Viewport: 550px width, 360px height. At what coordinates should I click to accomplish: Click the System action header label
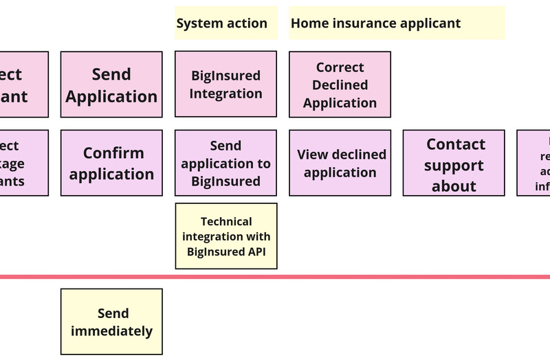(x=222, y=23)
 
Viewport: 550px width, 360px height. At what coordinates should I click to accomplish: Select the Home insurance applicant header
(x=375, y=23)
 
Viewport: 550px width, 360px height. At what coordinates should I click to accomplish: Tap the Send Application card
(x=111, y=85)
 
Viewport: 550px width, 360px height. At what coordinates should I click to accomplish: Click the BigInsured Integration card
(x=225, y=84)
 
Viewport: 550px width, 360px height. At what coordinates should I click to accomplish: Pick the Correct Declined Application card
(x=340, y=85)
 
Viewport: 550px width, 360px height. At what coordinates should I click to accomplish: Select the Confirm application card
(x=111, y=163)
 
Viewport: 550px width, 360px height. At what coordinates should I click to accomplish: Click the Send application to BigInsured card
(x=225, y=163)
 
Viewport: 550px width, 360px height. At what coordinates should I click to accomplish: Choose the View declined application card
(x=340, y=163)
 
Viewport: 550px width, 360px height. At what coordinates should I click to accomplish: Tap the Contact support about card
(x=454, y=163)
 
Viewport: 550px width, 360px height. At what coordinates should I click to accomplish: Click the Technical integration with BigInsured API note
(x=225, y=236)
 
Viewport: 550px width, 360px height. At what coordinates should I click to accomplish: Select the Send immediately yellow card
(x=111, y=322)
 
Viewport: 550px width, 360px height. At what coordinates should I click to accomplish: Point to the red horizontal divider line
(x=275, y=277)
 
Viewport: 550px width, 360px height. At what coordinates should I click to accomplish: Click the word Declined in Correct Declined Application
(x=340, y=85)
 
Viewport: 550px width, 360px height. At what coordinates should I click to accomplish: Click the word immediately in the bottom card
(x=111, y=331)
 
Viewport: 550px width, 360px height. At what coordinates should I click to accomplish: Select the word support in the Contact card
(x=454, y=166)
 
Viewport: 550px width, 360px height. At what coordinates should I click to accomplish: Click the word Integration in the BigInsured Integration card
(x=225, y=93)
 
